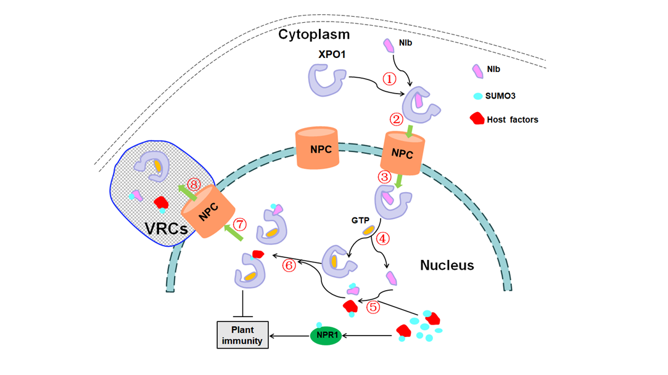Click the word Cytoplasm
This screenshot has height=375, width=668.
(314, 34)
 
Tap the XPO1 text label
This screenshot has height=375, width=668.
(332, 54)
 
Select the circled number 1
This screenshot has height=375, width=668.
(389, 79)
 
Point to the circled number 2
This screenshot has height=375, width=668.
(396, 119)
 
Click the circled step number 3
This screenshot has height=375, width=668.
(384, 177)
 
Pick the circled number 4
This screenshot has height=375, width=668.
(382, 238)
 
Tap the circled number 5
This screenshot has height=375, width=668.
(373, 307)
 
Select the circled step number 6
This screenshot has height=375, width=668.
(289, 266)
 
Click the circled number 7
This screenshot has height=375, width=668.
(240, 224)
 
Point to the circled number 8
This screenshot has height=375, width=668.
(194, 185)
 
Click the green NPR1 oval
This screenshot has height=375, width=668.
(326, 336)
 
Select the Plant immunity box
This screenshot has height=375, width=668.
(243, 335)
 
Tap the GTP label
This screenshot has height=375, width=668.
(360, 220)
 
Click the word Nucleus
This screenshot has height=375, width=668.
(447, 265)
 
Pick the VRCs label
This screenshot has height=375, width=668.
(166, 228)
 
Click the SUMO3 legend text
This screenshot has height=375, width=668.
(500, 96)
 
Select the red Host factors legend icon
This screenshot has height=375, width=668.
(477, 118)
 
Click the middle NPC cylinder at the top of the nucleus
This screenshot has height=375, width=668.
(318, 148)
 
